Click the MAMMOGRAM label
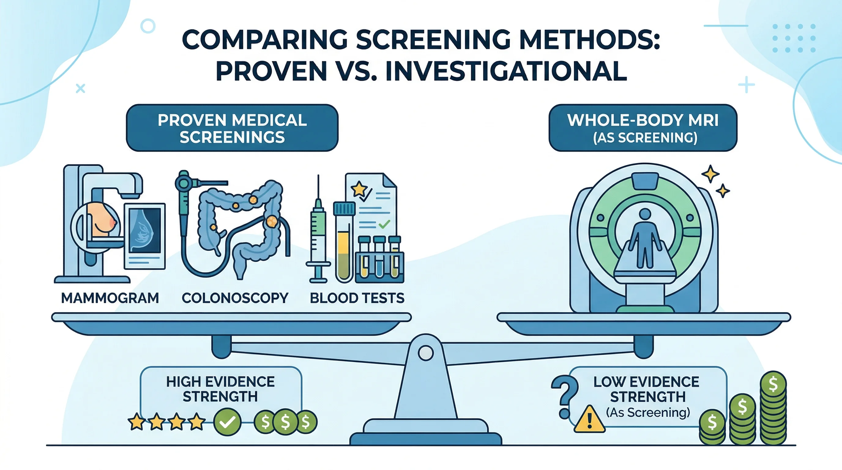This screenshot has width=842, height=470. click(x=110, y=298)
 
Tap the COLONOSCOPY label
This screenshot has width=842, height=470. click(x=235, y=298)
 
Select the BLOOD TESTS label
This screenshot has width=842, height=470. click(x=357, y=298)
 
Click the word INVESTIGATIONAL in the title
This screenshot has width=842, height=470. click(x=506, y=71)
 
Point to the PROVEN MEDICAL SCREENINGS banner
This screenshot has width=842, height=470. click(x=232, y=128)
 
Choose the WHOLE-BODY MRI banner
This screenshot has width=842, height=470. click(x=643, y=128)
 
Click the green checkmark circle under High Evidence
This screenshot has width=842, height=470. click(x=227, y=422)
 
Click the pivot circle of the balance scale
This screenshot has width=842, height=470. click(x=426, y=353)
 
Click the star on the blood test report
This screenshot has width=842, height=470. click(x=359, y=188)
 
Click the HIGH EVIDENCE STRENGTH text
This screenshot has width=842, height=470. click(x=220, y=389)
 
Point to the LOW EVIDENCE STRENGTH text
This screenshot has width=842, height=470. click(x=646, y=389)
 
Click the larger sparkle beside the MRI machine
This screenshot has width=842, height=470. click(x=710, y=173)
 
